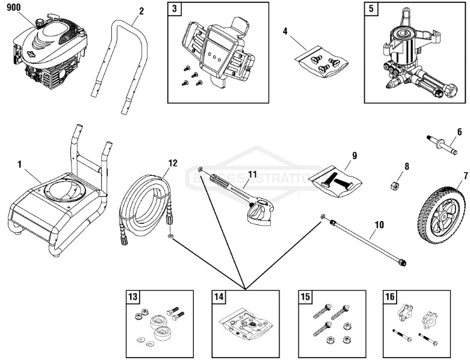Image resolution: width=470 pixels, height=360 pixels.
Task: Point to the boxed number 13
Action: [133, 296]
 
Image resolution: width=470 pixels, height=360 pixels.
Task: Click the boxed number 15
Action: [306, 296]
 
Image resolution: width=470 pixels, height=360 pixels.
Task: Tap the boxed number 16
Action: [389, 296]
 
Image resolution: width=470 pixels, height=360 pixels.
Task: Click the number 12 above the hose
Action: [173, 163]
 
